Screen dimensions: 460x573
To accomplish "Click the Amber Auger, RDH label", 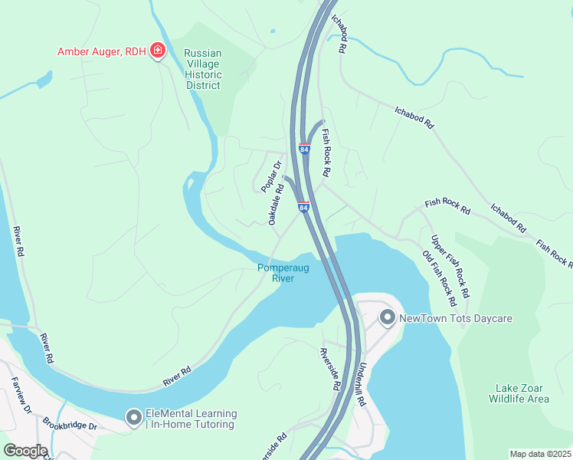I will (103, 52).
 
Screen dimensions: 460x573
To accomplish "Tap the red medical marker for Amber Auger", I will (158, 51).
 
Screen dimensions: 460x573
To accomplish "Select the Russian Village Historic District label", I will (203, 70).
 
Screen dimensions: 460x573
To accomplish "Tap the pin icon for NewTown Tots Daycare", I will (388, 317).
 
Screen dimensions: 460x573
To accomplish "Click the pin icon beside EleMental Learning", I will (134, 419).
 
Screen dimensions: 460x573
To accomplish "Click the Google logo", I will (25, 451).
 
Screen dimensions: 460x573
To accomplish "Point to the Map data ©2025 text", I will (540, 454).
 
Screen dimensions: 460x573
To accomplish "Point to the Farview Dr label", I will (21, 395).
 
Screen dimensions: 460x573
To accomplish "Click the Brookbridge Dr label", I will (70, 423).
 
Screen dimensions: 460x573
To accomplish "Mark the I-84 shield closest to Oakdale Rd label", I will (303, 207).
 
